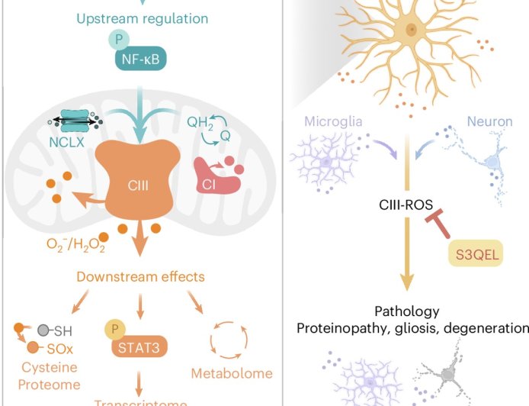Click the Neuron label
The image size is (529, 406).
491,121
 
